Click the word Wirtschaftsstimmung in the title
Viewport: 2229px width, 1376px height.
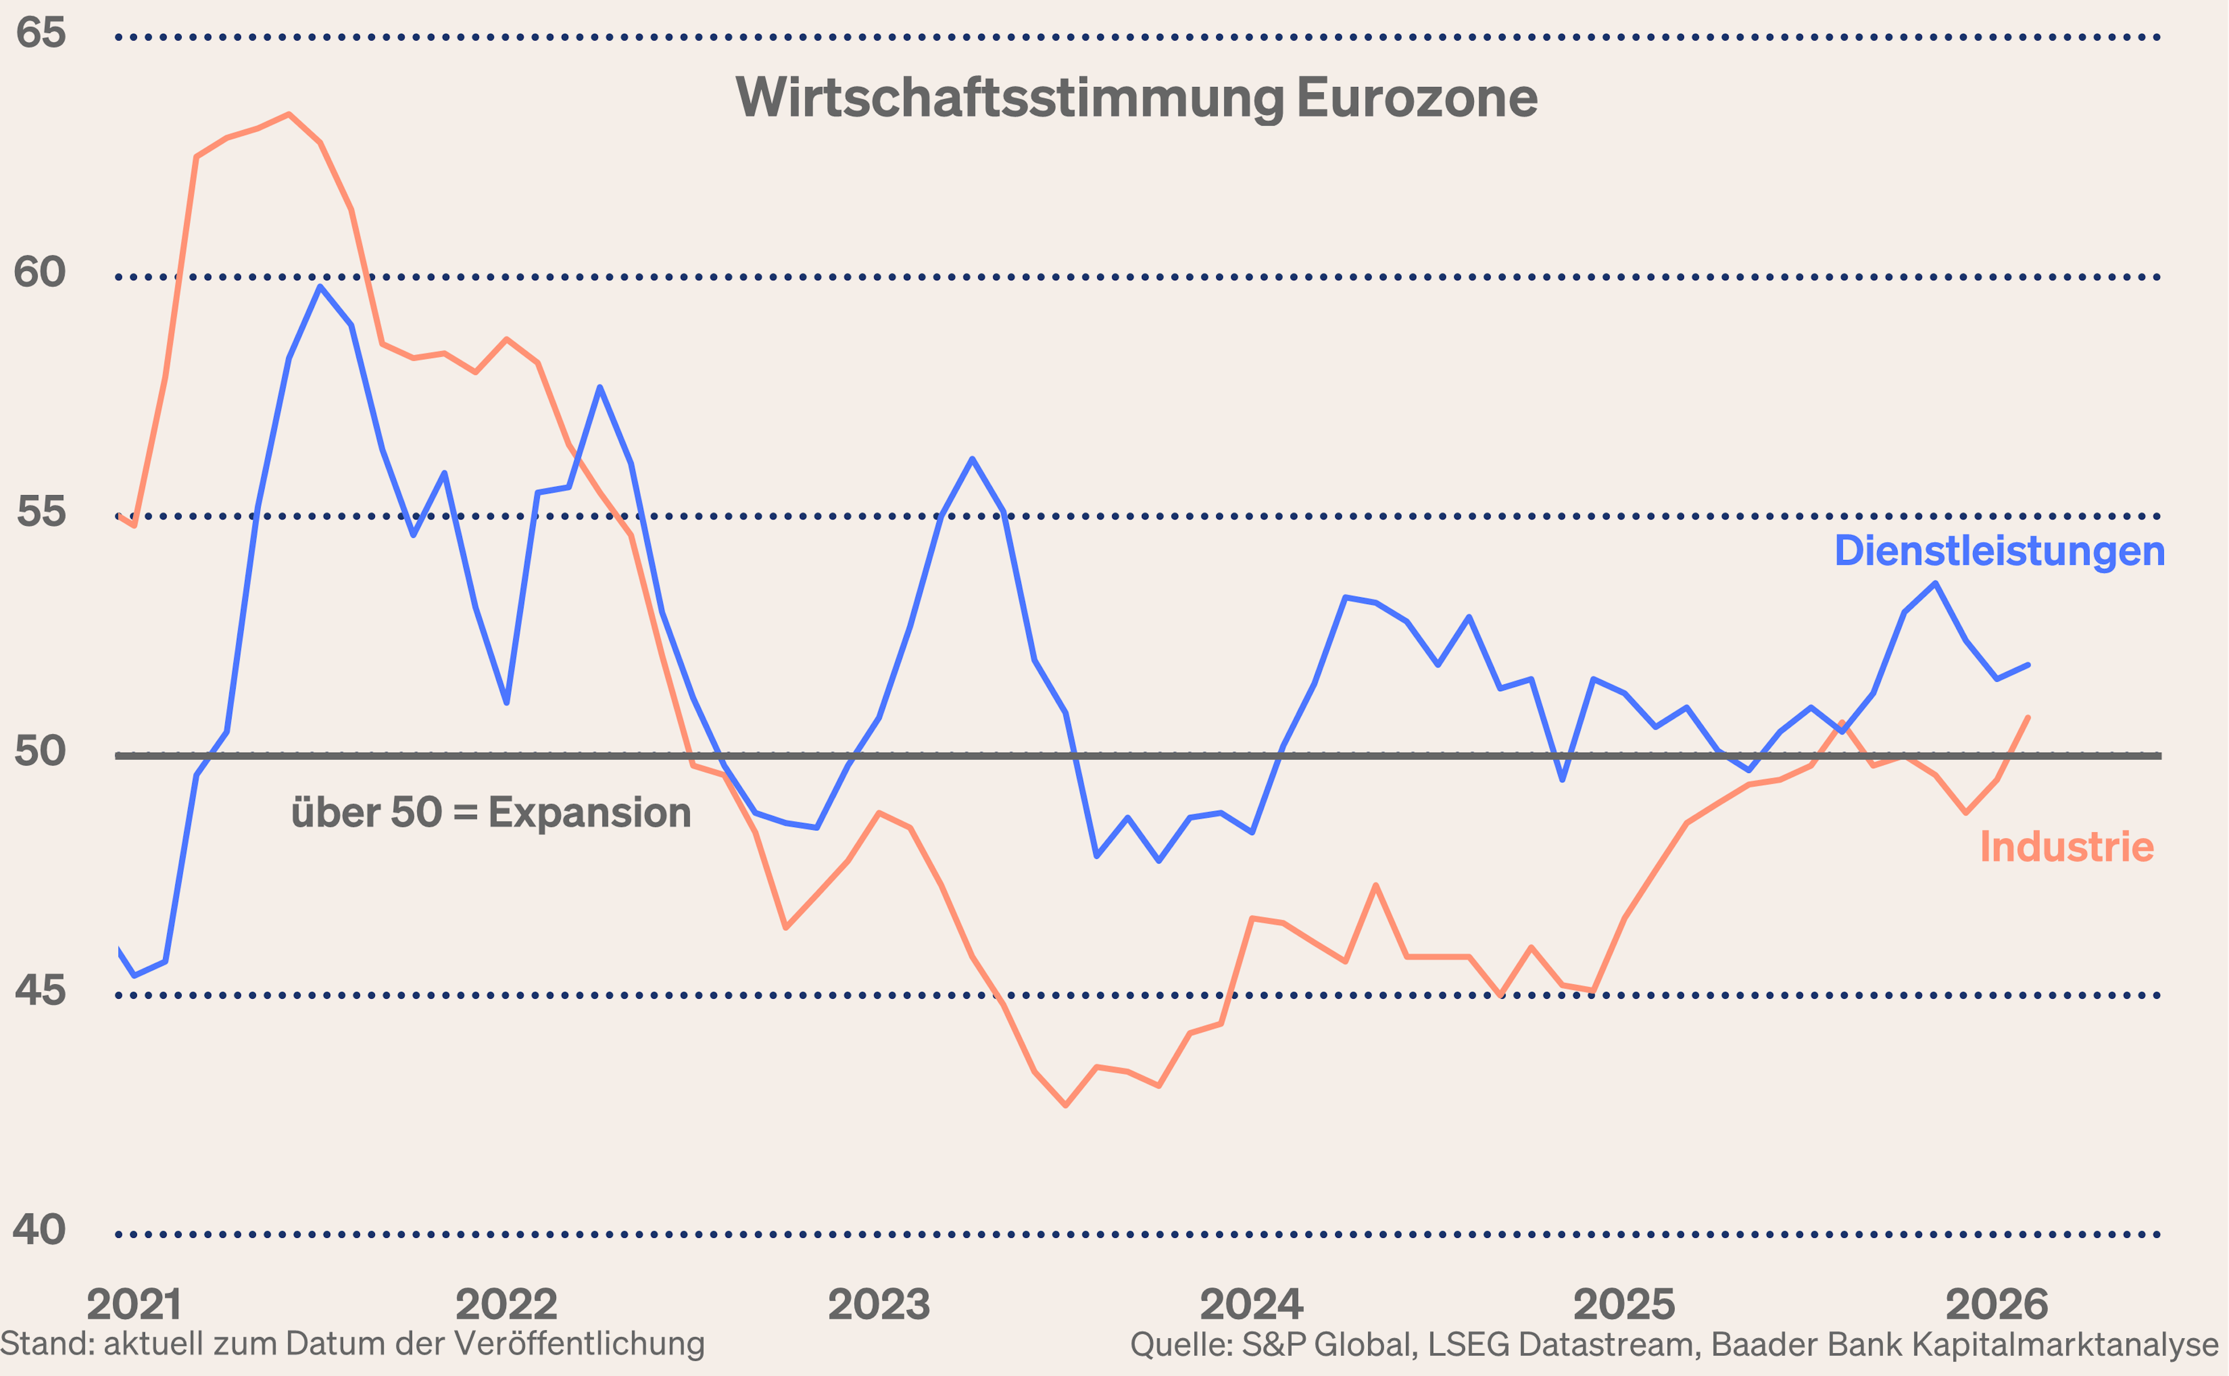coord(1008,97)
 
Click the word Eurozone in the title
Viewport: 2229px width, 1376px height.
coord(1416,97)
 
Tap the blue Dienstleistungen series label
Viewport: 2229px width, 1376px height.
coord(1999,551)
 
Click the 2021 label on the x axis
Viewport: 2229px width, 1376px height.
coord(134,1305)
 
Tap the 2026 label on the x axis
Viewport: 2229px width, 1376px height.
coord(1997,1305)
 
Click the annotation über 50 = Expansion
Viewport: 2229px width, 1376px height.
coord(490,812)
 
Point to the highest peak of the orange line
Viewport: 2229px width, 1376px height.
coord(288,115)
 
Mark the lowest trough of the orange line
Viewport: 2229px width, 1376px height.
coord(1065,1105)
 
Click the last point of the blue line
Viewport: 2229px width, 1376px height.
coord(2028,665)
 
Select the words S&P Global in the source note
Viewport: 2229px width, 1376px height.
coord(1329,1344)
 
